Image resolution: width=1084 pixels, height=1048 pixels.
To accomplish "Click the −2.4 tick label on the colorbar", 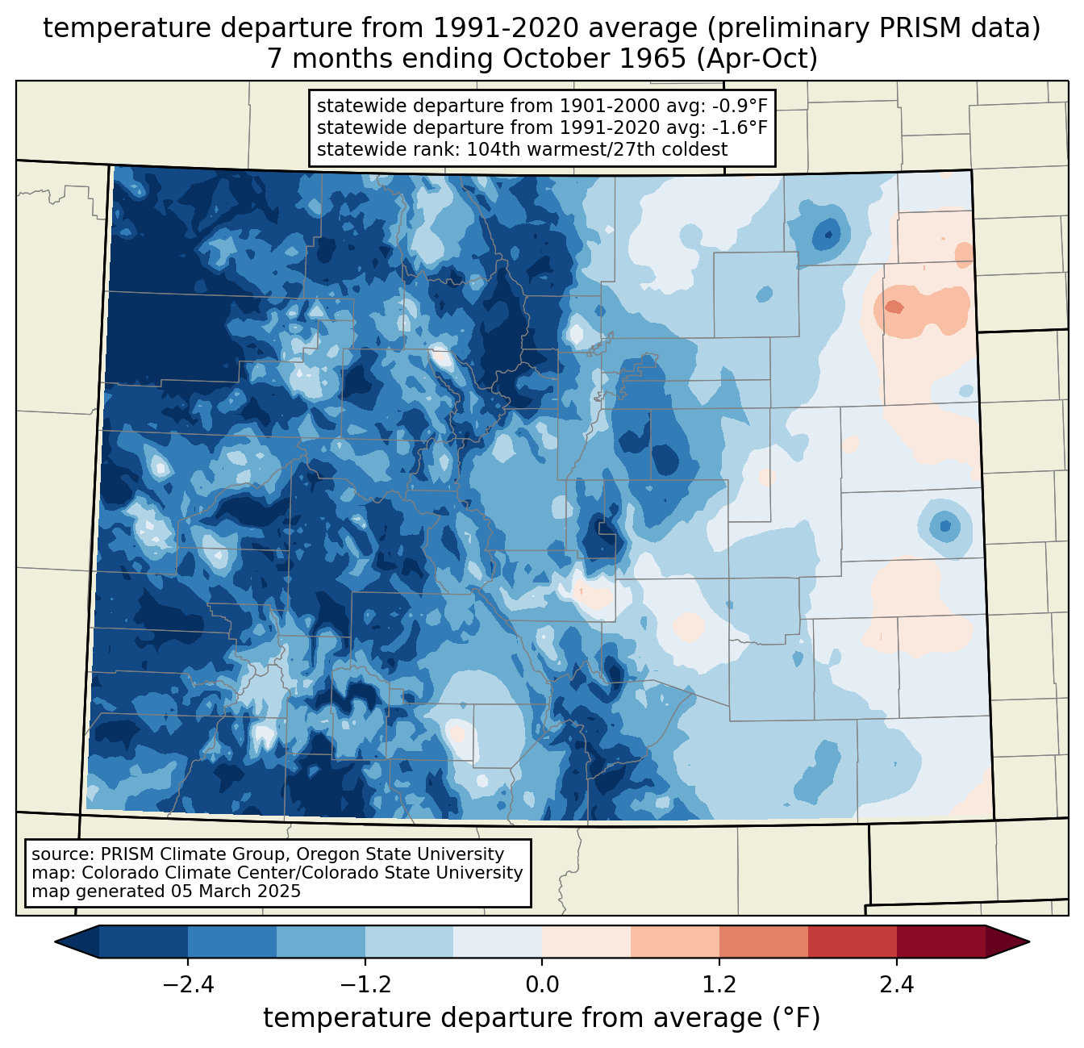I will click(x=188, y=985).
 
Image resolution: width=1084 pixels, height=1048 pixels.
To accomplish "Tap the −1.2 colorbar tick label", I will click(x=365, y=985).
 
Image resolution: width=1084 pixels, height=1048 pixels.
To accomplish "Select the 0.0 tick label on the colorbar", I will click(x=542, y=985).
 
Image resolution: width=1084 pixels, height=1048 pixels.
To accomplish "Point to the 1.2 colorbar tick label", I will click(x=719, y=985).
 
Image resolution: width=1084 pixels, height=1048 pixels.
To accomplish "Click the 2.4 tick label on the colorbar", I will click(x=896, y=985).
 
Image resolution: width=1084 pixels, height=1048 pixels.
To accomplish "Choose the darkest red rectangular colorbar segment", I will click(x=940, y=942).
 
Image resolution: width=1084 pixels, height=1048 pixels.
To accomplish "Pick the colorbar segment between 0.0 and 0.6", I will click(x=586, y=942).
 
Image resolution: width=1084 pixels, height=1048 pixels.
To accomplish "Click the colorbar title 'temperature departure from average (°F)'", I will click(x=542, y=1018).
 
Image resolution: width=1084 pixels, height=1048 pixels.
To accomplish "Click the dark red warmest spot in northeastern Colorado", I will click(x=894, y=307).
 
